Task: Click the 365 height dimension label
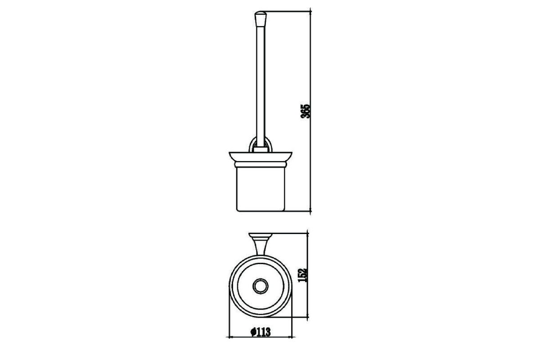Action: (x=305, y=111)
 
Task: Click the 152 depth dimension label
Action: (x=303, y=275)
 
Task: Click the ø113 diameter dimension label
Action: (x=261, y=332)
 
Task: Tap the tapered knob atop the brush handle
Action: (x=261, y=19)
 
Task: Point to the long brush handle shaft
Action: (x=261, y=87)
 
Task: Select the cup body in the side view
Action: (x=261, y=189)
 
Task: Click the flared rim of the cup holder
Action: (x=261, y=157)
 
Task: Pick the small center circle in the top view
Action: (x=261, y=286)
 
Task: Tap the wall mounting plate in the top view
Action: (x=261, y=234)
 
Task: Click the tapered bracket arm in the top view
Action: (x=261, y=246)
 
